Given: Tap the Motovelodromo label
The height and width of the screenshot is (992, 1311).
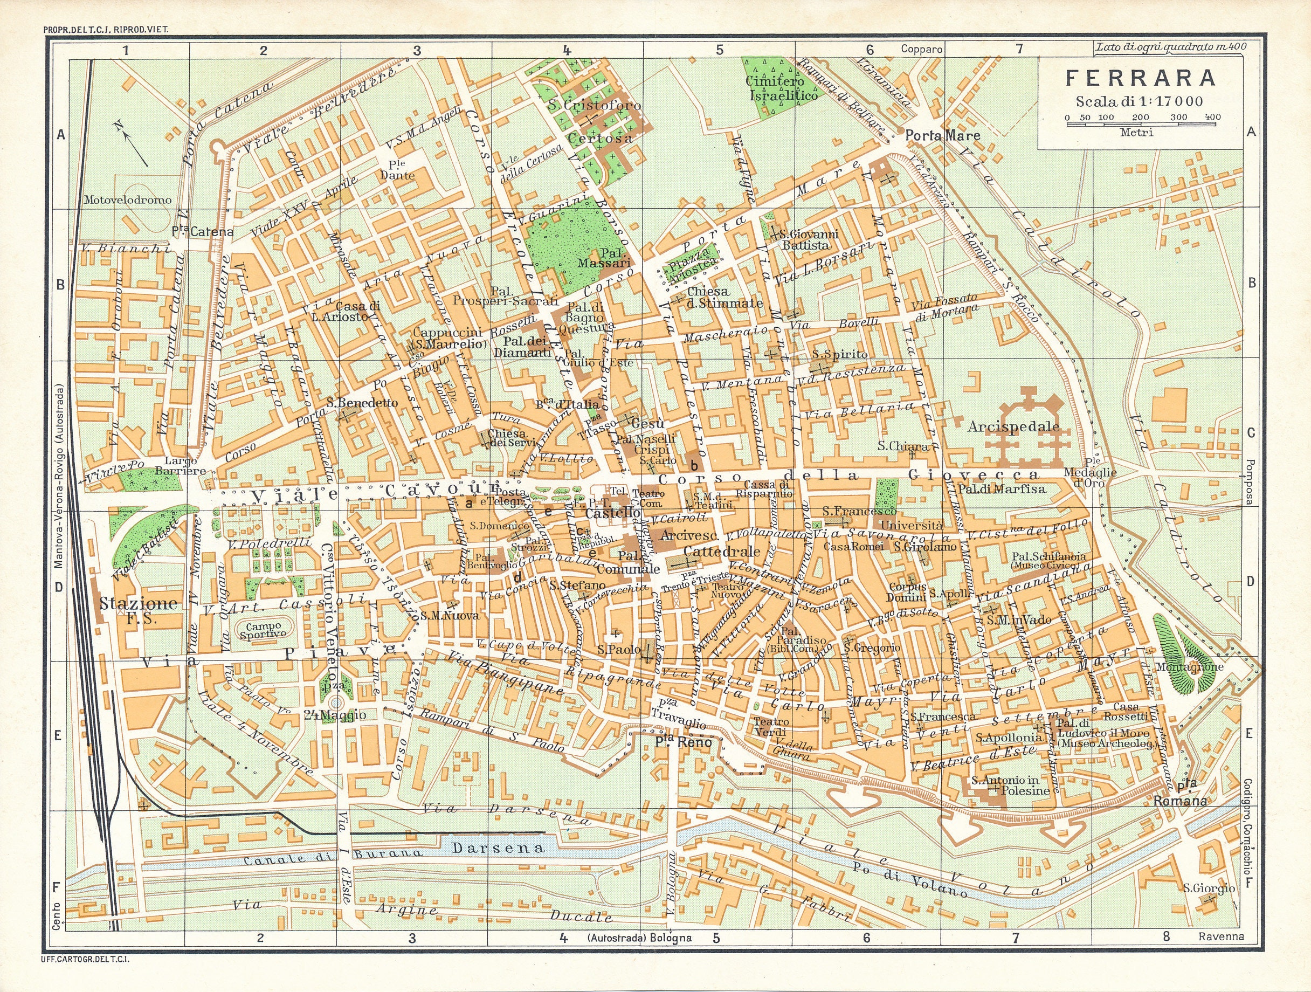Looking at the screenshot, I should pos(127,199).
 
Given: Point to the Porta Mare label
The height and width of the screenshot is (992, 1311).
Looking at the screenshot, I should pos(942,136).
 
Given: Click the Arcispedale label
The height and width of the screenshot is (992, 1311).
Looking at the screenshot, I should pos(1013,426).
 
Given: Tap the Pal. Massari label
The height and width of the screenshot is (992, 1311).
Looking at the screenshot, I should pos(602,257).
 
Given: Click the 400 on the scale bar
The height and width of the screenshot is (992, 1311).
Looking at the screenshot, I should pos(1212,118).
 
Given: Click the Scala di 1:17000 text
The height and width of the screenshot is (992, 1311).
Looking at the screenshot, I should pos(1136,101).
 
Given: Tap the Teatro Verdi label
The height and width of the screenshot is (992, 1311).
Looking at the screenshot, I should pos(771,727).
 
